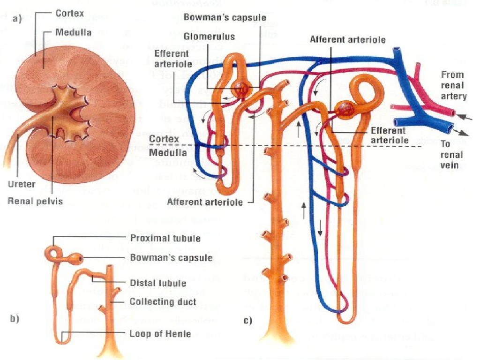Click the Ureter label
pyautogui.click(x=22, y=184)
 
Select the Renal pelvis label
pyautogui.click(x=36, y=201)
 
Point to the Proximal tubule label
pyautogui.click(x=166, y=238)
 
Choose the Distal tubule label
pyautogui.click(x=158, y=283)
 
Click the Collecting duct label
pyautogui.click(x=163, y=301)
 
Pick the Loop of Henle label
pyautogui.click(x=160, y=334)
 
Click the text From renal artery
pyautogui.click(x=453, y=85)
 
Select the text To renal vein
pyautogui.click(x=452, y=155)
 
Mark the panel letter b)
pyautogui.click(x=15, y=319)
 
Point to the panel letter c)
pyautogui.click(x=247, y=321)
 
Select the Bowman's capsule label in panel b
pyautogui.click(x=171, y=257)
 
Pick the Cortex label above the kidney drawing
pyautogui.click(x=70, y=14)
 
